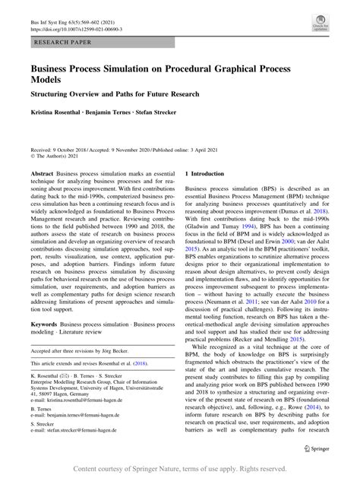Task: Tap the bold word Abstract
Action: (x=41, y=174)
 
